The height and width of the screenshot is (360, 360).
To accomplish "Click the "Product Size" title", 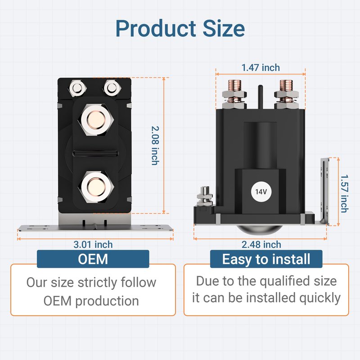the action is point(180,28).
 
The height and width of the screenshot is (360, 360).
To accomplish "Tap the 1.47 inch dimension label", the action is point(261,68).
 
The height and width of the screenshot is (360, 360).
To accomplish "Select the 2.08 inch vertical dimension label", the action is point(155,145).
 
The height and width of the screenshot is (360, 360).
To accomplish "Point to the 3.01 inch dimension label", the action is point(93,244).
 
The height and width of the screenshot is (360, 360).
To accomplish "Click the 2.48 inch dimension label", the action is point(261,244).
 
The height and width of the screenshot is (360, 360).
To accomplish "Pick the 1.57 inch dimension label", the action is point(344,193).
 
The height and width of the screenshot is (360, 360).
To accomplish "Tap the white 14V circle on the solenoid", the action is point(261,192).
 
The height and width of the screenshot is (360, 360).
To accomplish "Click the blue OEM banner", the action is point(93,259).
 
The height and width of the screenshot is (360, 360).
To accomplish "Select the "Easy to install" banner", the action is point(266,259).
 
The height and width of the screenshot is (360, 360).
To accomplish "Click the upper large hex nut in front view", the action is point(96,120).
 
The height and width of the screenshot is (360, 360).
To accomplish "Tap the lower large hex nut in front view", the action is point(96,187).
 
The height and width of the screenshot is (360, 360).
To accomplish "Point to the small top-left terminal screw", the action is point(77,88).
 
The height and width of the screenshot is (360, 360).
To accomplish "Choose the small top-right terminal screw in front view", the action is point(112,88).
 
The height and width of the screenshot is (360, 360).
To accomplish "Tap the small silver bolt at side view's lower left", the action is point(205,196).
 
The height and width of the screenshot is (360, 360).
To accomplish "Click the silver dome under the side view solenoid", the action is point(259,229).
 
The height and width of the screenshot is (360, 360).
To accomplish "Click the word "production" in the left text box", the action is point(107,301).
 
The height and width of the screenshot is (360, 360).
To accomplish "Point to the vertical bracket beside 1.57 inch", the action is point(324,191).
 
